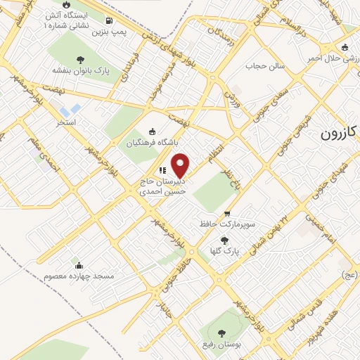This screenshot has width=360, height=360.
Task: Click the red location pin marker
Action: pos(181,165)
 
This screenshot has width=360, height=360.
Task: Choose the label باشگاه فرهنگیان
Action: pos(150,143)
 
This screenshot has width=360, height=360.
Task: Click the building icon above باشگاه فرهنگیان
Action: pos(153,131)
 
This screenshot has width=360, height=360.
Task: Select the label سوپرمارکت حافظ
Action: pos(227,226)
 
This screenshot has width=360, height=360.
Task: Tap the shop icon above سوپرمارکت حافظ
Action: pos(226,214)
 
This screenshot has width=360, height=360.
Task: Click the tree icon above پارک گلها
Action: pos(224,240)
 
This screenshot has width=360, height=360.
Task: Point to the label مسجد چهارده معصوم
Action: pos(78,277)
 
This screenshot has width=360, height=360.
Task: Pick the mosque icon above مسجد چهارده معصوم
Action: pos(78,266)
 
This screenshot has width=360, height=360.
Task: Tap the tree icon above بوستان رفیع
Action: pos(222,333)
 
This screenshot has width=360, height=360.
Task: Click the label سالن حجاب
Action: pos(263,67)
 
